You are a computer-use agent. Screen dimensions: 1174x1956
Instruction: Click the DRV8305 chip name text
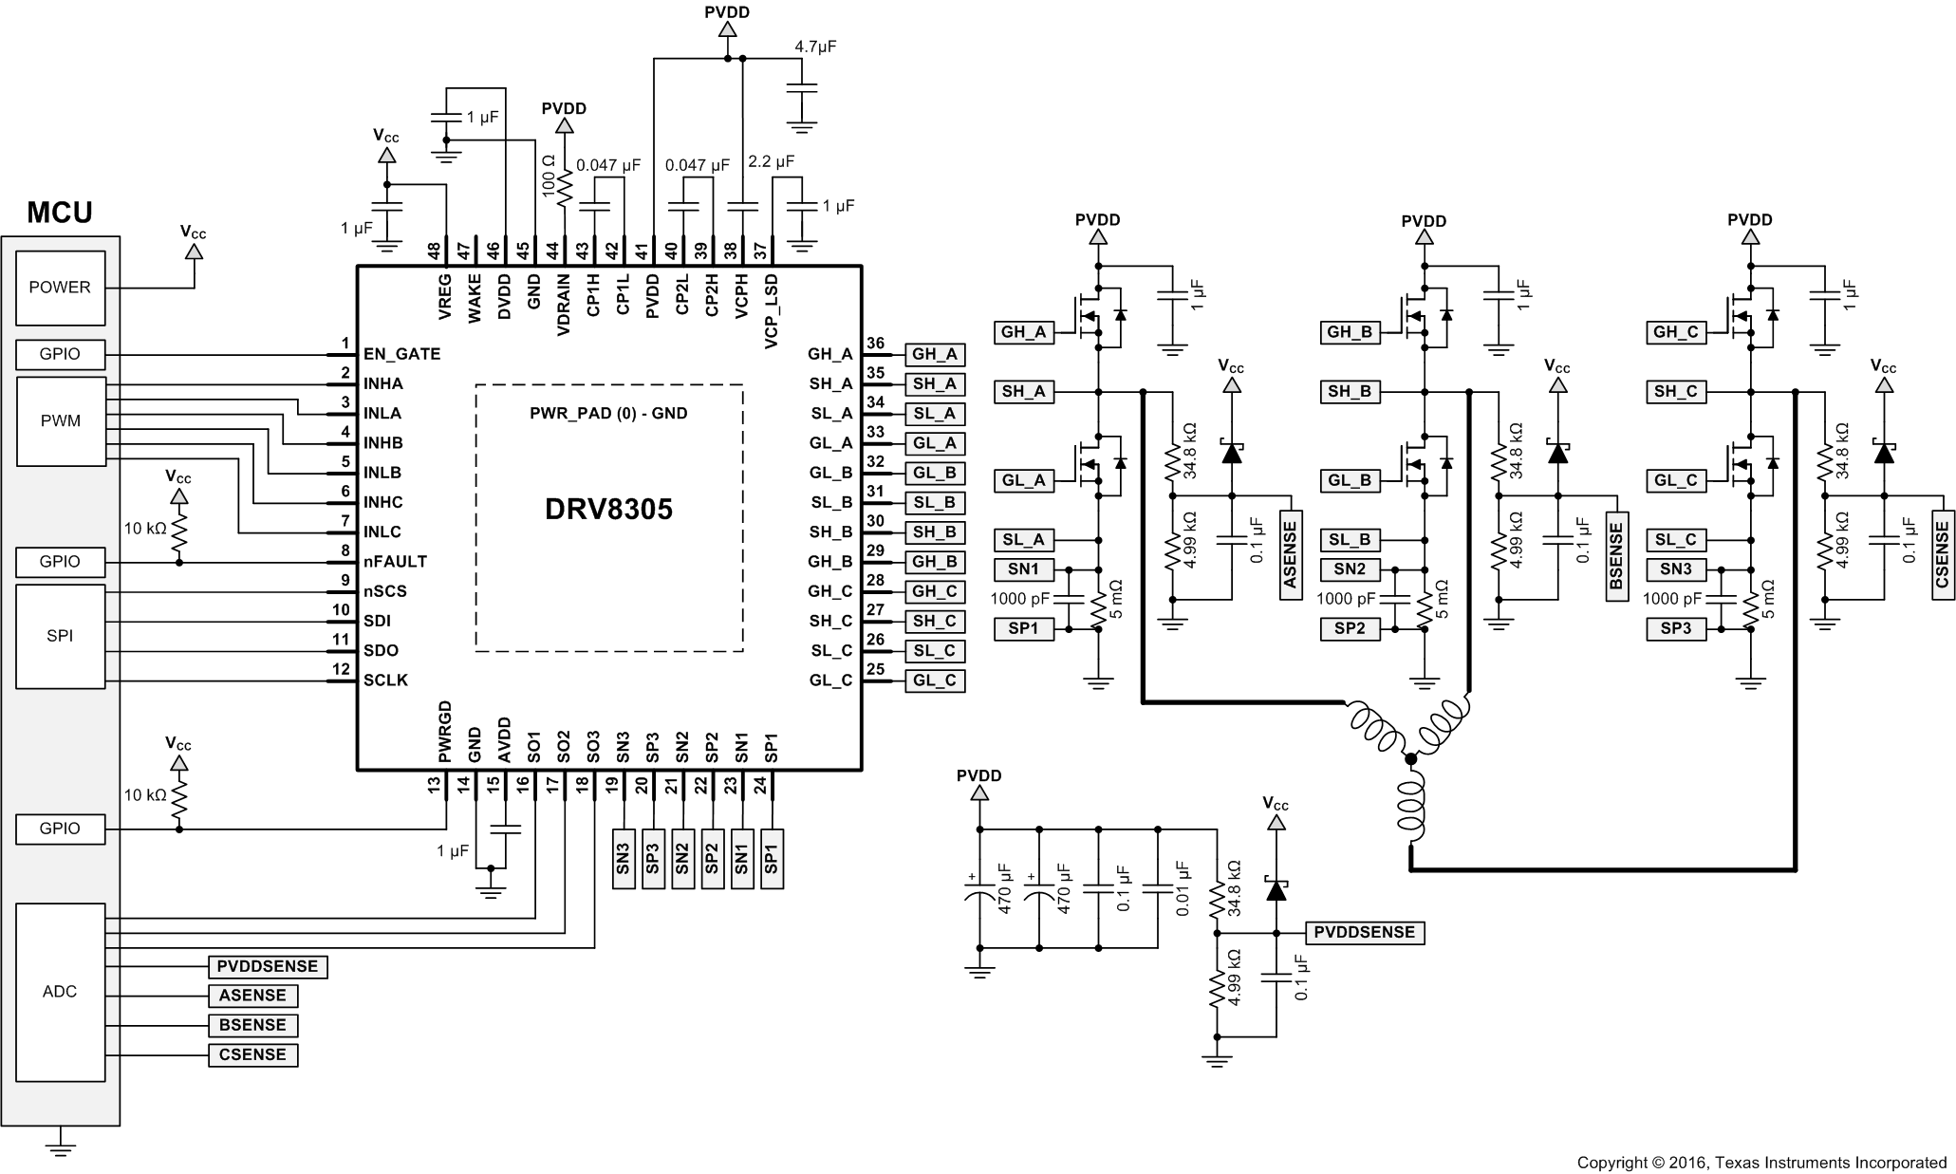pos(608,510)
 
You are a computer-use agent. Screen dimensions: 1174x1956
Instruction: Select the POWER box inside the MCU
pos(60,288)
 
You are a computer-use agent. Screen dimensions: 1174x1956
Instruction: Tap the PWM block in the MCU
pos(61,421)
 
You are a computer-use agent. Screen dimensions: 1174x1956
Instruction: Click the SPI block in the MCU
pos(60,636)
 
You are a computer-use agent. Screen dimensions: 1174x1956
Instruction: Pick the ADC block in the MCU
pos(60,992)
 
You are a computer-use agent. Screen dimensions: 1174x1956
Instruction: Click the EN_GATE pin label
pos(401,354)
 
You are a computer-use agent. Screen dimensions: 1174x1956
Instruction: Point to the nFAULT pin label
pos(395,562)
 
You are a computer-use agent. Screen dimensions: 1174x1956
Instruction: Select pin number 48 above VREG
pos(435,252)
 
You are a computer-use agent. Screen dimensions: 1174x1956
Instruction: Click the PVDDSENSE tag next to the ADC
pos(268,967)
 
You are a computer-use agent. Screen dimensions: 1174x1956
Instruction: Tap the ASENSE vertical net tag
pos(1291,556)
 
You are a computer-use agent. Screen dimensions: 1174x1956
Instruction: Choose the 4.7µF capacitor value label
pos(815,47)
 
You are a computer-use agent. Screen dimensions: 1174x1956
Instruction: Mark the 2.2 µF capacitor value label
pos(771,162)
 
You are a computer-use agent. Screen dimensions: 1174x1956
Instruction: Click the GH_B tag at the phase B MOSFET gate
pos(1350,332)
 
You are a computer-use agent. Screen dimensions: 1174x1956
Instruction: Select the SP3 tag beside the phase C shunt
pos(1675,628)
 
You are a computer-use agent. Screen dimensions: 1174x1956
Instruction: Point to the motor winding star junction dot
pos(1410,758)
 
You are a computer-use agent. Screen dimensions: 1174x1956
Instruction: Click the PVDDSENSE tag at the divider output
pos(1365,933)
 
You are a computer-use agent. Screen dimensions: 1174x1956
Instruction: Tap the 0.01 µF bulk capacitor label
pos(1183,888)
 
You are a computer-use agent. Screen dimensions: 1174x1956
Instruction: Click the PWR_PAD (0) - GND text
pos(608,414)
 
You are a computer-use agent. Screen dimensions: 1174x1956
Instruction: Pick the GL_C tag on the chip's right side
pos(935,680)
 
